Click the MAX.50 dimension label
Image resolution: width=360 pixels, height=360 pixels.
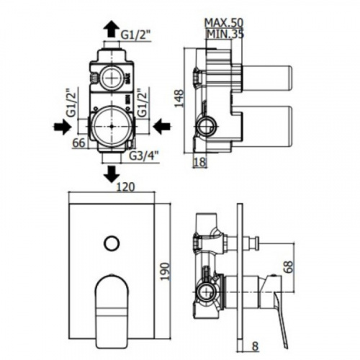coord(224,22)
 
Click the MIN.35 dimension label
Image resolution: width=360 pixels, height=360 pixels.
coord(225,34)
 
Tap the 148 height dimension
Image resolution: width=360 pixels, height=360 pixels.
coord(179,99)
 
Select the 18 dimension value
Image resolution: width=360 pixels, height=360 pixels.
coord(199,162)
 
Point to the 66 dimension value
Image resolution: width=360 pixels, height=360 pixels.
coord(78,143)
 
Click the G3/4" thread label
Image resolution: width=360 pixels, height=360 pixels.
coord(144,157)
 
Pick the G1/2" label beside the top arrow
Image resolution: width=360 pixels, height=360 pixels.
coord(135,35)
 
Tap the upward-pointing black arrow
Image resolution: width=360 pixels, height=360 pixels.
coord(112,29)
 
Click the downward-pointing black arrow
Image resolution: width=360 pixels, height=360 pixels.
coord(112,174)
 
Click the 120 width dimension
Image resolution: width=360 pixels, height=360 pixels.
coord(125,187)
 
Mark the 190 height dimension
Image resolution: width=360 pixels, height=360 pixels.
coord(165,271)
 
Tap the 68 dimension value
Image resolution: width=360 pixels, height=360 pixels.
coord(289,267)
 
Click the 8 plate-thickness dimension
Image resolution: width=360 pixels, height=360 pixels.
coord(255,347)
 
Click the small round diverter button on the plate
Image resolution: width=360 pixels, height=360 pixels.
coord(112,243)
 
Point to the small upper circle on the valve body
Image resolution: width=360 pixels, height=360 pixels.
coord(112,78)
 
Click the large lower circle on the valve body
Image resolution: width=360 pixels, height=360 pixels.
coord(112,126)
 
